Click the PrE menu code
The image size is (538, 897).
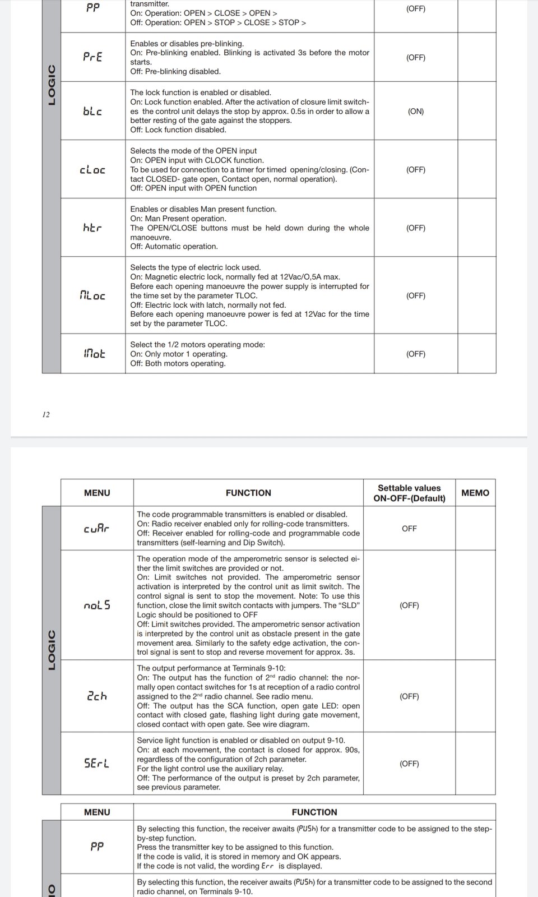(92, 57)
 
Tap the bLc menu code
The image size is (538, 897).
(92, 111)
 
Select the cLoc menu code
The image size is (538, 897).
(92, 169)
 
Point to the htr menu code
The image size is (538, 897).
(92, 228)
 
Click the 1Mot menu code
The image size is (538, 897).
(94, 353)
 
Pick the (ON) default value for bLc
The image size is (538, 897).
(416, 111)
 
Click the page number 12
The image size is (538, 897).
(46, 414)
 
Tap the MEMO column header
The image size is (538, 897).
(475, 493)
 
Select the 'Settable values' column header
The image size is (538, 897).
(409, 488)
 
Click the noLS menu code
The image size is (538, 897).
(97, 605)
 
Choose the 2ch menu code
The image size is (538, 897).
(97, 696)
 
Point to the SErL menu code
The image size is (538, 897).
(97, 763)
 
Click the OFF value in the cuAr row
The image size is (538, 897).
(409, 528)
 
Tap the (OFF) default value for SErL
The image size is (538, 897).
(409, 763)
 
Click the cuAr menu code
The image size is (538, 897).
(96, 528)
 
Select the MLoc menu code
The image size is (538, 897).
(92, 295)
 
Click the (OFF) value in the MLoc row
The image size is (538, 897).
(416, 295)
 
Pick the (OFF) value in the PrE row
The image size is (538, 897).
(416, 57)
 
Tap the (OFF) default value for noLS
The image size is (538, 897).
(409, 605)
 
